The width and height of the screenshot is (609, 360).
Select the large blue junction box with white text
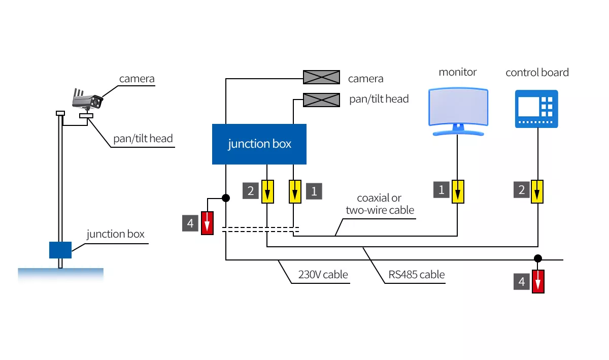click(x=259, y=144)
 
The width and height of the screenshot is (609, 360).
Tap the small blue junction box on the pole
click(x=60, y=250)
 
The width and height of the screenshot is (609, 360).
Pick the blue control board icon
click(x=536, y=109)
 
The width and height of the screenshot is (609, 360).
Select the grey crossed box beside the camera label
click(x=321, y=77)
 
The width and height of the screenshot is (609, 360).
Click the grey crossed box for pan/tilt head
click(x=321, y=100)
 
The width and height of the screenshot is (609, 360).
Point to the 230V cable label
click(x=323, y=275)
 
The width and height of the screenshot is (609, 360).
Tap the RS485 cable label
click(x=416, y=275)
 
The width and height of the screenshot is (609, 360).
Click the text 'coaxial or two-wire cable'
click(x=380, y=204)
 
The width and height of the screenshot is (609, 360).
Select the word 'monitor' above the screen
click(x=458, y=72)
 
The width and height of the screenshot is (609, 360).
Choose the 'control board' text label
click(x=537, y=73)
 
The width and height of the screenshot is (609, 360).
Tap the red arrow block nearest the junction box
click(x=207, y=223)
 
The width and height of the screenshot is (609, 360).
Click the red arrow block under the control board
click(x=538, y=281)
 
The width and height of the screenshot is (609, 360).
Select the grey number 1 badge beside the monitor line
click(x=441, y=190)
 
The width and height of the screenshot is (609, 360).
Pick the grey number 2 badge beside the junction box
click(x=250, y=191)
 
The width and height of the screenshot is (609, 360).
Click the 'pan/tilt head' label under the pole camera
click(x=143, y=139)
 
